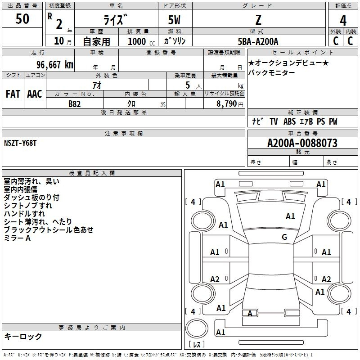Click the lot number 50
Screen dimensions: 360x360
[22, 18]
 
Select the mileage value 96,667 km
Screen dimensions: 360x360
[55, 65]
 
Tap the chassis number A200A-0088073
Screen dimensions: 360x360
[302, 143]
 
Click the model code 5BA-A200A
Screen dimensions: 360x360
[258, 41]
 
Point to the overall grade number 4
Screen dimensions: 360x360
[343, 21]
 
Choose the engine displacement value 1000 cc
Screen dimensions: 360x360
[141, 41]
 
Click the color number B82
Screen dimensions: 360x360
[75, 104]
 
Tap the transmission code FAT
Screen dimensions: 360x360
[13, 94]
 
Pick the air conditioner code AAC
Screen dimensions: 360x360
[35, 94]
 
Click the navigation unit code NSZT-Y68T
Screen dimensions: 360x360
[20, 143]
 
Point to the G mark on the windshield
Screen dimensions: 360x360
[284, 237]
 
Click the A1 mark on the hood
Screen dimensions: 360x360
[290, 216]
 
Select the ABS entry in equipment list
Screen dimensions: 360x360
[289, 121]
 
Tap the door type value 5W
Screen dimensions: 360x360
[174, 20]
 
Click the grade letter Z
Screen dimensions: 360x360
[258, 20]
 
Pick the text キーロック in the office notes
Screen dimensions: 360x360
[23, 336]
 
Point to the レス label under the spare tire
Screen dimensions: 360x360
[197, 344]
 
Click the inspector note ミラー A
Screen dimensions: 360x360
[17, 238]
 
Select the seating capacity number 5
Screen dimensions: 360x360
[188, 85]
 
